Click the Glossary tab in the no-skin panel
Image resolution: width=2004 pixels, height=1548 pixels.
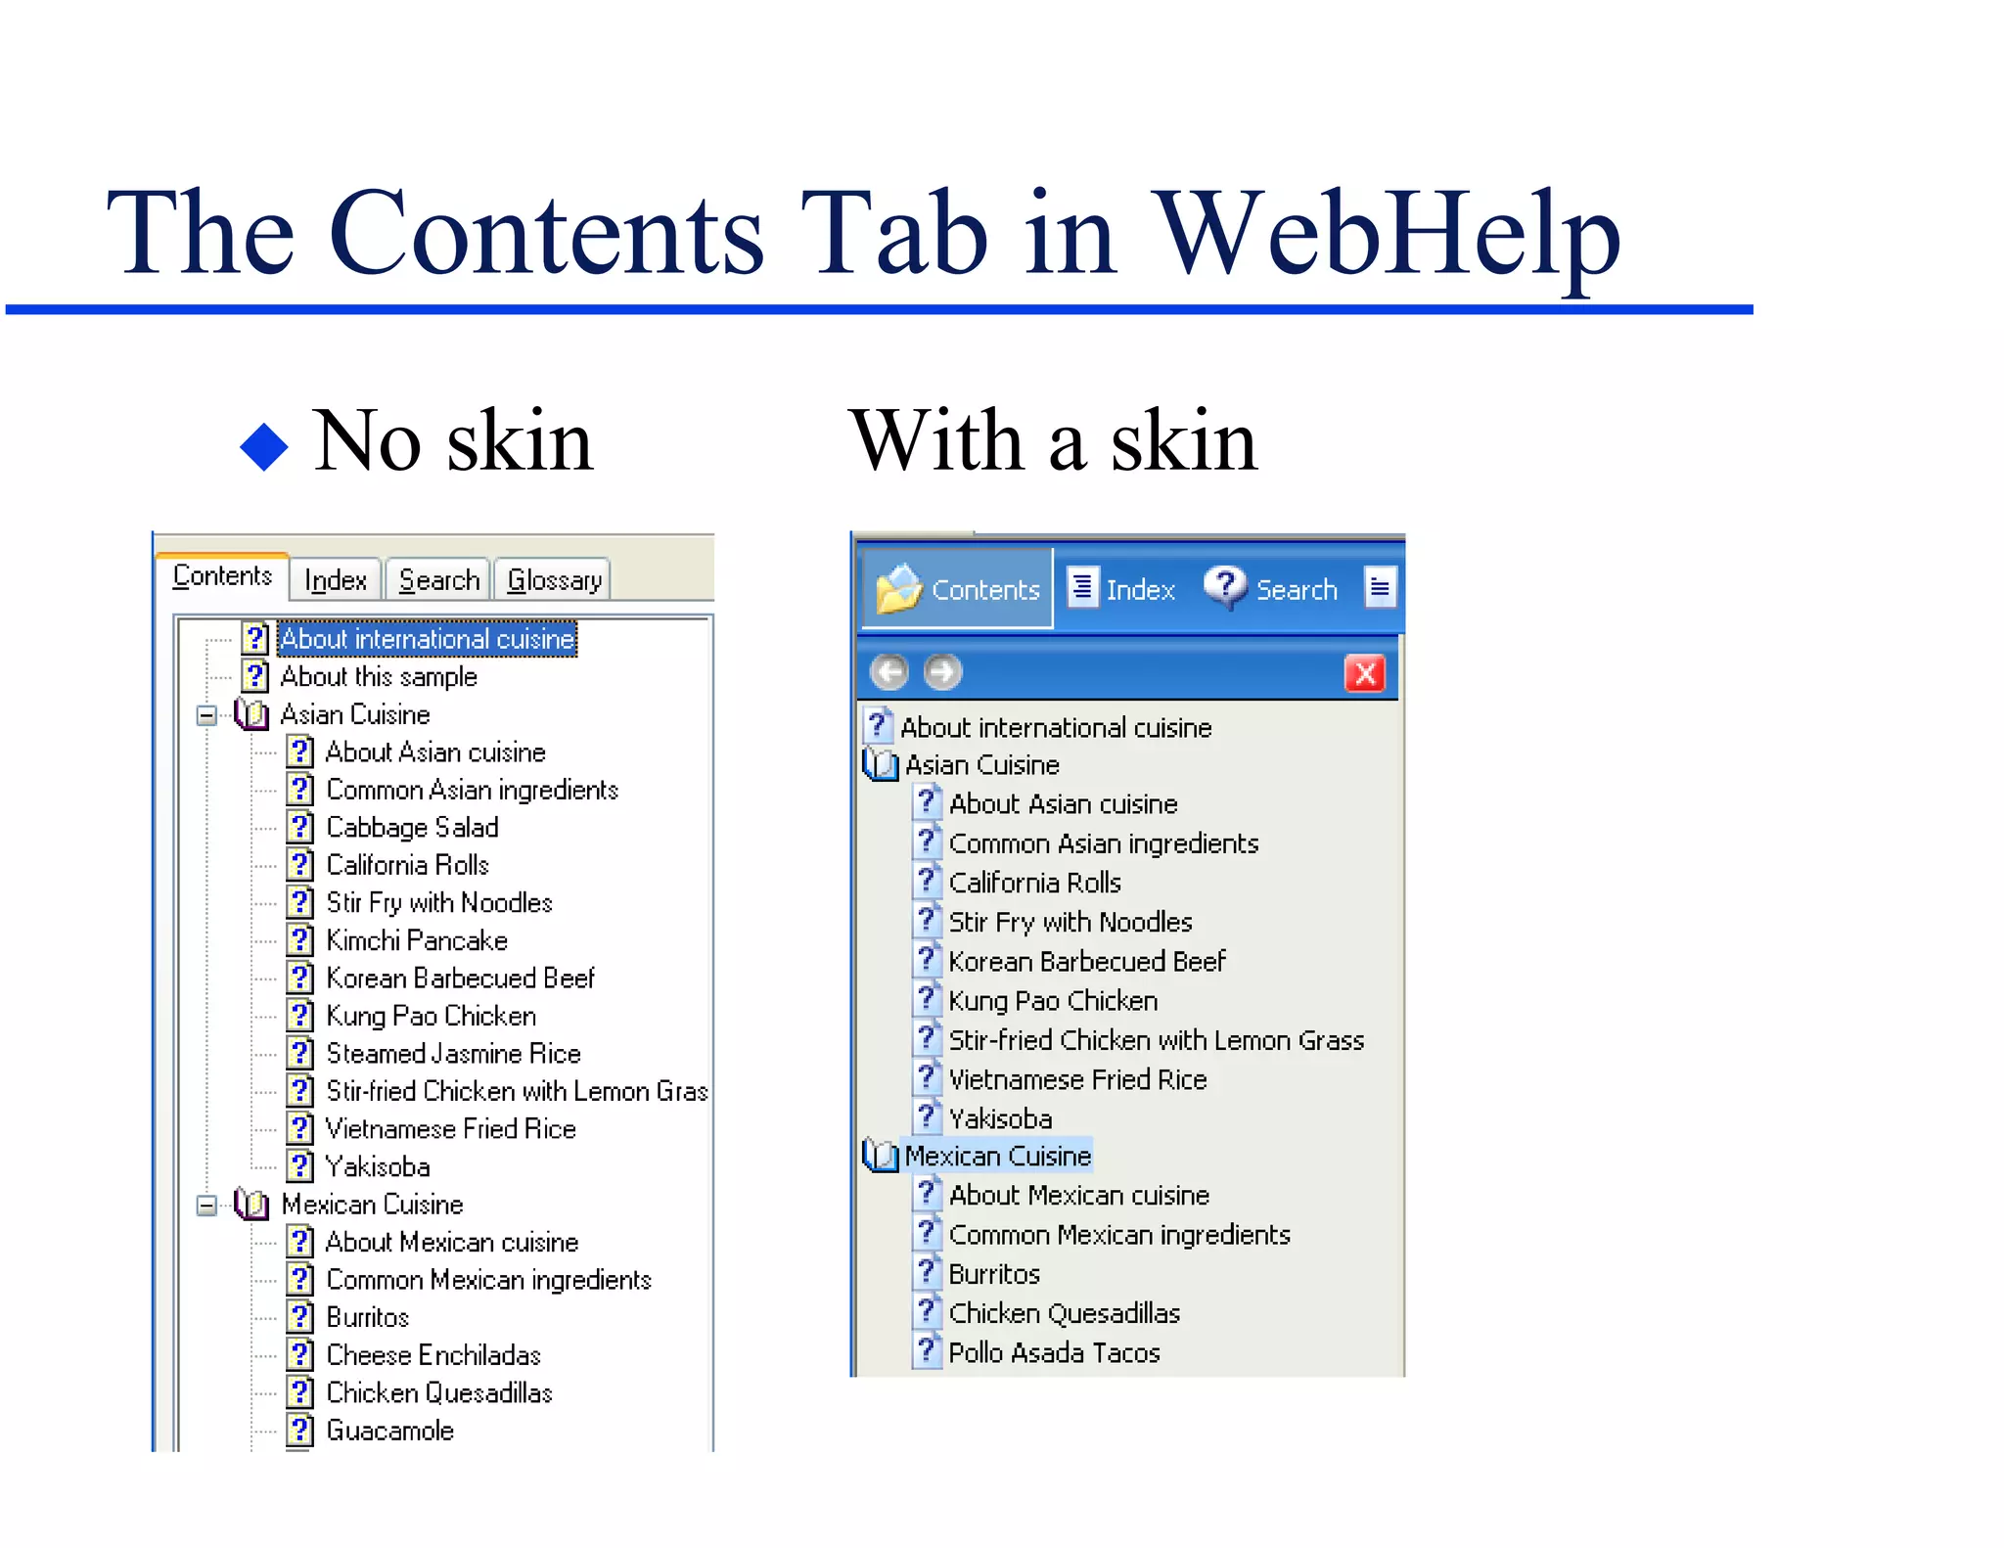point(553,580)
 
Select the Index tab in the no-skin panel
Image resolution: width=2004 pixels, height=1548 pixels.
point(335,580)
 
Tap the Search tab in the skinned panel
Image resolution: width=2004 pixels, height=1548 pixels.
point(1273,589)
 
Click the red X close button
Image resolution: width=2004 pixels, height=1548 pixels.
point(1365,673)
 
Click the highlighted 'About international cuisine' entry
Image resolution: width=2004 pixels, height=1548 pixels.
point(427,639)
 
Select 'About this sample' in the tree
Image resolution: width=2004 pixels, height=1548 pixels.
point(378,677)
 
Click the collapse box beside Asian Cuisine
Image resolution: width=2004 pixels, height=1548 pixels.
point(205,715)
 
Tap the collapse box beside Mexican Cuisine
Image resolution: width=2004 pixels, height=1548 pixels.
point(205,1205)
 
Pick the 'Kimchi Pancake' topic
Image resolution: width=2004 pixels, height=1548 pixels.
point(416,940)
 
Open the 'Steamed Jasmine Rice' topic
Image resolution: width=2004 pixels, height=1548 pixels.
point(453,1054)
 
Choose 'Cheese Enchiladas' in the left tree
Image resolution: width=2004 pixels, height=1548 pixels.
point(433,1355)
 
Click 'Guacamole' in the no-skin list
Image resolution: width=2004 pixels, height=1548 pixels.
point(389,1431)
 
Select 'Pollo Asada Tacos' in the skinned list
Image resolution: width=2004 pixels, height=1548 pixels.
point(1053,1353)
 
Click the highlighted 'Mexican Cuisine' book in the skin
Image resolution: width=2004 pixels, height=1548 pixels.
point(996,1157)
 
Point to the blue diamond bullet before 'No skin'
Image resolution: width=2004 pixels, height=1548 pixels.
point(263,447)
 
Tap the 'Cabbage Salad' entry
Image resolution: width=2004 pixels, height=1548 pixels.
point(412,828)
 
